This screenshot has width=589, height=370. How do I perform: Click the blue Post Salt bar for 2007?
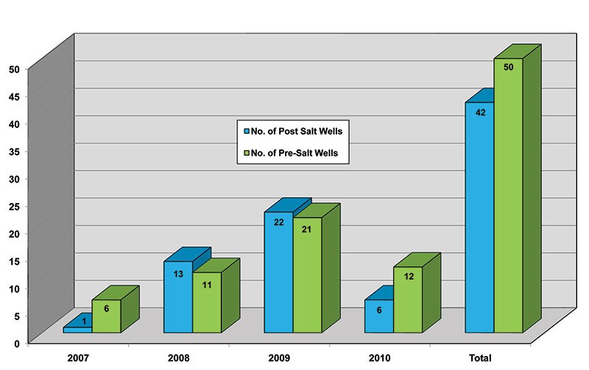(77, 330)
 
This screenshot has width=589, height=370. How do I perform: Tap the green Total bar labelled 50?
(508, 199)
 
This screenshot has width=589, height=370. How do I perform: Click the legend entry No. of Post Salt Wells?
(293, 131)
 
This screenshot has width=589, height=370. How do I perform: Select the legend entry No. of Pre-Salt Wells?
(293, 154)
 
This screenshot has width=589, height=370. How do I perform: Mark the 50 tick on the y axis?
(13, 69)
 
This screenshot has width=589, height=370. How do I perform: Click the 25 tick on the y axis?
(13, 206)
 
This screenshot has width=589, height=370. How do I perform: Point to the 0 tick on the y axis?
(15, 343)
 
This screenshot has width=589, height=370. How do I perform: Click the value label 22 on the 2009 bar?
(278, 222)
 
